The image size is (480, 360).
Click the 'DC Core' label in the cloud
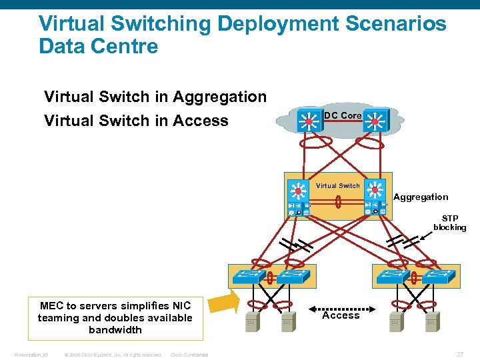tap(343, 115)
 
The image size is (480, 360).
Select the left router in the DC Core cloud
tap(307, 121)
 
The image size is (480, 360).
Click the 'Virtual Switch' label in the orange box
tap(337, 186)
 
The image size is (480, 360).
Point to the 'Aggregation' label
tap(421, 197)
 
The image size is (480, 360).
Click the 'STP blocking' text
tap(450, 223)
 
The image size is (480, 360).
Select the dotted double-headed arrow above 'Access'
tap(341, 309)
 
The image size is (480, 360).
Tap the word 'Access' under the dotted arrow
tap(341, 316)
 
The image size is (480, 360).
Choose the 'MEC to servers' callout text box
tap(115, 318)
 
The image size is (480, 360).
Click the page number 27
tap(459, 354)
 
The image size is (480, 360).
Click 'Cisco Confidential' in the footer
tap(189, 355)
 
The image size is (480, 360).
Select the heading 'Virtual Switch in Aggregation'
tap(155, 97)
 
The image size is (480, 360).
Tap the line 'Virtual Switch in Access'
tap(136, 121)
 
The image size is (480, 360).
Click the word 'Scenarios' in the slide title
tap(395, 24)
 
